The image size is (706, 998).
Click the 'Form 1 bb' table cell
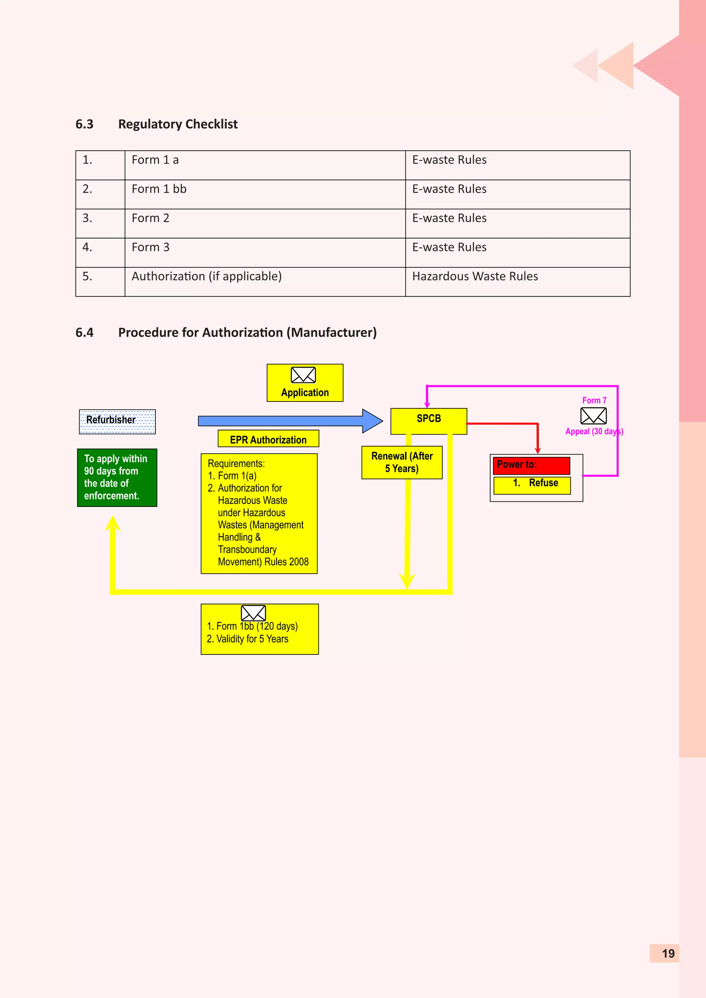(159, 189)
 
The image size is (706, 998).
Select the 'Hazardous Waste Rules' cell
(475, 276)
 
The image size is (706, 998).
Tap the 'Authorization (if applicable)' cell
(206, 276)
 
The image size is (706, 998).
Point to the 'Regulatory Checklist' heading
(178, 124)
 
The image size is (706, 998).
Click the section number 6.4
(84, 333)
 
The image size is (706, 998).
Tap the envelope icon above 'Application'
(303, 375)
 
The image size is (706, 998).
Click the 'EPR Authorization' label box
(268, 439)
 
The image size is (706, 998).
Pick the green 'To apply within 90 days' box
(117, 477)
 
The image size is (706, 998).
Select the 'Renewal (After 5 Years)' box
(402, 462)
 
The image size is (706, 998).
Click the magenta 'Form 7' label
(594, 400)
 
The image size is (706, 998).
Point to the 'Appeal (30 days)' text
(594, 431)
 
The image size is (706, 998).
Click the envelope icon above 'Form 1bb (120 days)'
(253, 613)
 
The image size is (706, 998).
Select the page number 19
(668, 953)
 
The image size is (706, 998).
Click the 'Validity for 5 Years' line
(248, 639)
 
